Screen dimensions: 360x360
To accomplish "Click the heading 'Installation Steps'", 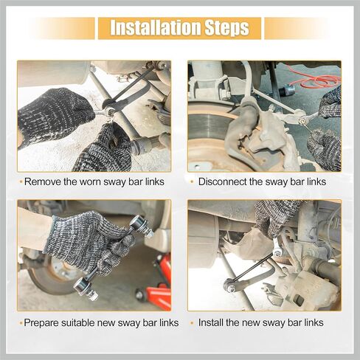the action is [x=179, y=28].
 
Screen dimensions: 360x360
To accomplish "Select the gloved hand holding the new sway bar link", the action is [x=89, y=241].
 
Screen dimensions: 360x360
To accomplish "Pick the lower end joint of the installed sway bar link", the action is [x=230, y=286].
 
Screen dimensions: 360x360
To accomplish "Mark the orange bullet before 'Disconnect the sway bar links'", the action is [x=192, y=182].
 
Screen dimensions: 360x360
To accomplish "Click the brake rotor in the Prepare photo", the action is [x=54, y=275].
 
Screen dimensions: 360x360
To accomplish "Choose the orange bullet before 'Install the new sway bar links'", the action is [x=192, y=323].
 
